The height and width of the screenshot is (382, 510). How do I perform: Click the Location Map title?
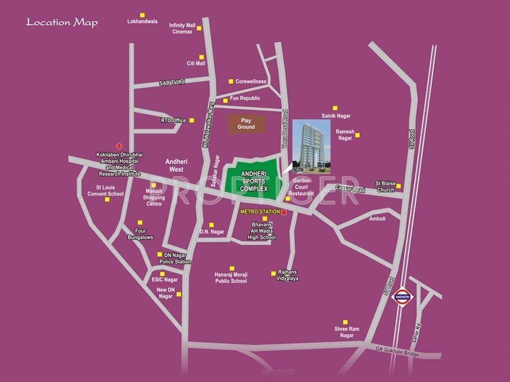pos(62,22)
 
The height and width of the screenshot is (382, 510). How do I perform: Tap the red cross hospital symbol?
pos(119,146)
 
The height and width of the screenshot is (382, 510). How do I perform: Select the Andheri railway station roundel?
pos(402,296)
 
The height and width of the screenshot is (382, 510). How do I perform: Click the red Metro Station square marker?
pos(284,212)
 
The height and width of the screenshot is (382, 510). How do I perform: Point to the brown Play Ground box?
pos(246,124)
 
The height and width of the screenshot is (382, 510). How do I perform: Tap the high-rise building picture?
pos(311,146)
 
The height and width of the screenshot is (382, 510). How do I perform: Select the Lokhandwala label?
pos(142,21)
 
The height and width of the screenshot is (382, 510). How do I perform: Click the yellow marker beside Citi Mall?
pos(202,57)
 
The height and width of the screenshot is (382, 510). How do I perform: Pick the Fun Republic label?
pos(245,98)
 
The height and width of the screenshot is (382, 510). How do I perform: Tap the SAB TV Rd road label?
pos(172,83)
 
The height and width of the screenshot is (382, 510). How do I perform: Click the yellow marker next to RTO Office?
pos(192,120)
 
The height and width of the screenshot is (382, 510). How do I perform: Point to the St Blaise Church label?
pos(385,187)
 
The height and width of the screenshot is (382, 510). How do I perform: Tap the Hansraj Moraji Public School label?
pos(231,278)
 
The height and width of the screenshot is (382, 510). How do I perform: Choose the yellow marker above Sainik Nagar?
pos(335,107)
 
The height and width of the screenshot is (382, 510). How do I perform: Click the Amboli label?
pos(377,218)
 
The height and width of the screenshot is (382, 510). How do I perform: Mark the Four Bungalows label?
pos(140,234)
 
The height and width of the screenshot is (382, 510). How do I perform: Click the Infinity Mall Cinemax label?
pos(182,28)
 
